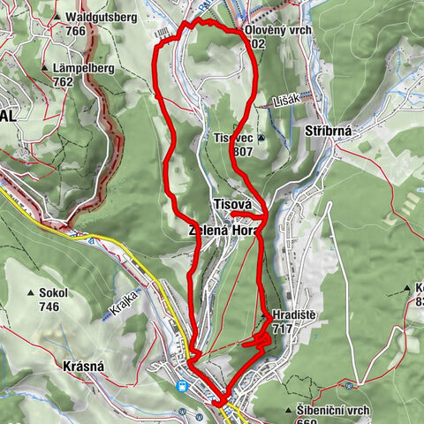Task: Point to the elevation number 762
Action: (x=63, y=82)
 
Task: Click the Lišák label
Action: (x=287, y=100)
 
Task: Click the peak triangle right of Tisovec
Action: (x=261, y=138)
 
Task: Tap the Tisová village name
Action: (x=233, y=204)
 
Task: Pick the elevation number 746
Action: (x=49, y=307)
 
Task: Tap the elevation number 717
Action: (x=283, y=329)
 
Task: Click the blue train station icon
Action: (x=182, y=385)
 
